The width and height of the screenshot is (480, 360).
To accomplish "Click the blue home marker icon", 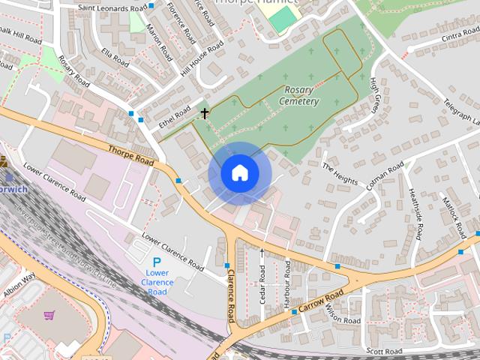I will [x=239, y=173].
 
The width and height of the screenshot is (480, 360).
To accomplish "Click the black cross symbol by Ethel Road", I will [x=204, y=114].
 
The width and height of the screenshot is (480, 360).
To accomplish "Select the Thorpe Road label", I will [x=130, y=156].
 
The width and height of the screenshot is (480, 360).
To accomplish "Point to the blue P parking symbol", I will [x=157, y=262].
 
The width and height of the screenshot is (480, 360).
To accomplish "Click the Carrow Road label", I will [x=322, y=301].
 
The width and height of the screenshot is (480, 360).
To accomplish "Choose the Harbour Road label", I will [x=288, y=282].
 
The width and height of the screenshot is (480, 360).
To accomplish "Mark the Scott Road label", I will [x=384, y=350].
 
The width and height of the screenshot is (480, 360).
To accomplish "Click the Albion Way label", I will [x=18, y=285].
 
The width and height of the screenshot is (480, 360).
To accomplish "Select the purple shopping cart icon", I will [x=49, y=316].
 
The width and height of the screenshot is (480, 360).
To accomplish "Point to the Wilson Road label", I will [x=343, y=316].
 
